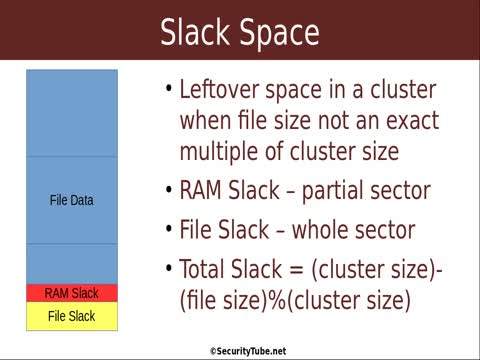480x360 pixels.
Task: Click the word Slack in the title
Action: (196, 32)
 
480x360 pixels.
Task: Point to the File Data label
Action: (72, 200)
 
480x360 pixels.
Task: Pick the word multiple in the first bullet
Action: (220, 152)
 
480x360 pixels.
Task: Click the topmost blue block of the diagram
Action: (72, 112)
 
